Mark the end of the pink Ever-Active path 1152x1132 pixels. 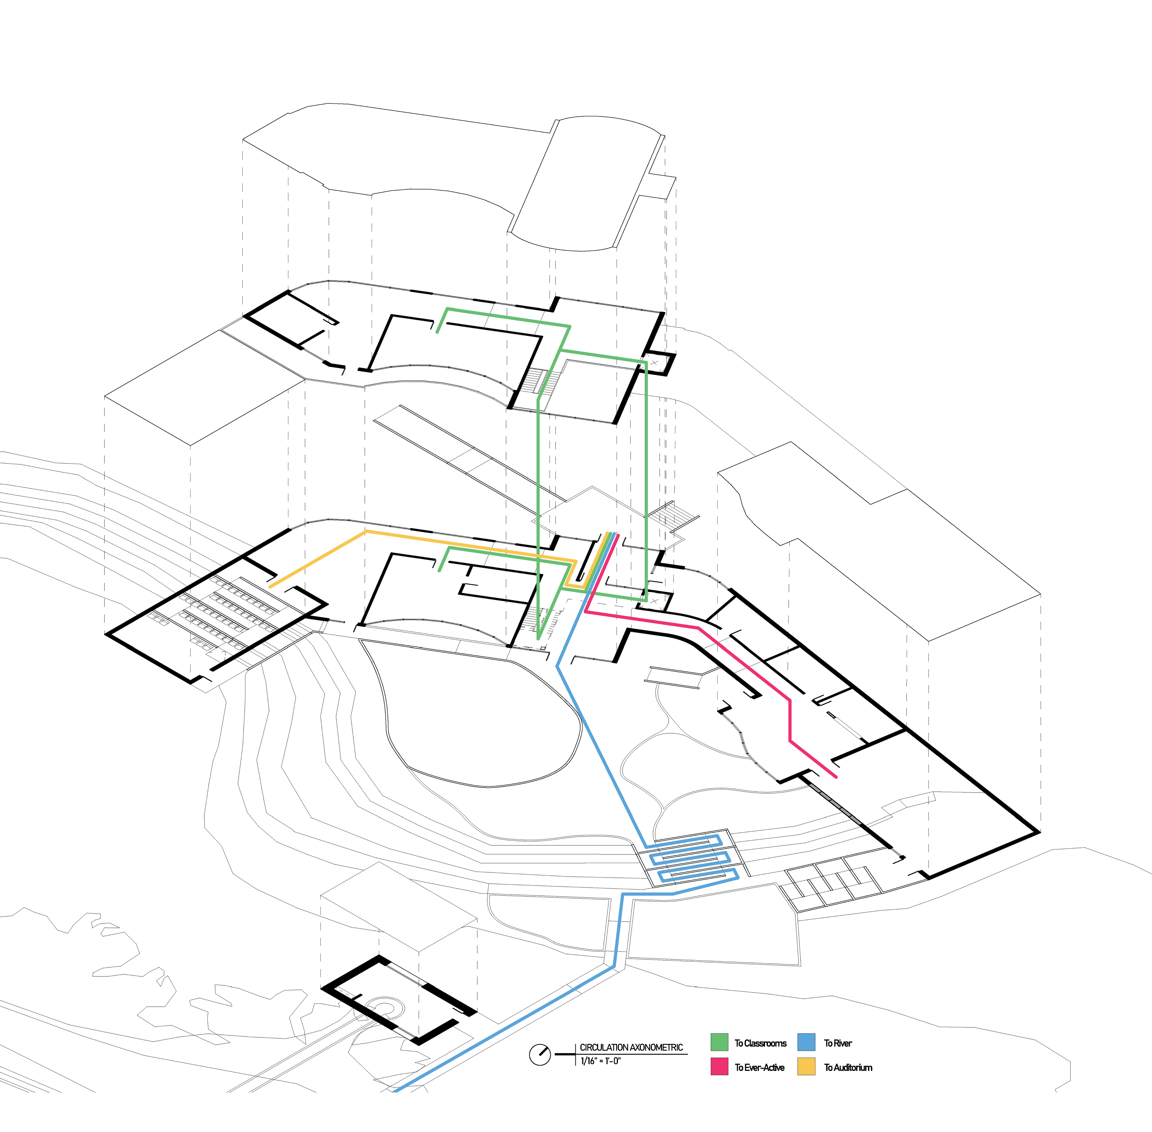coord(836,776)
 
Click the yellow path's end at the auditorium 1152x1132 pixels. coord(271,586)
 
